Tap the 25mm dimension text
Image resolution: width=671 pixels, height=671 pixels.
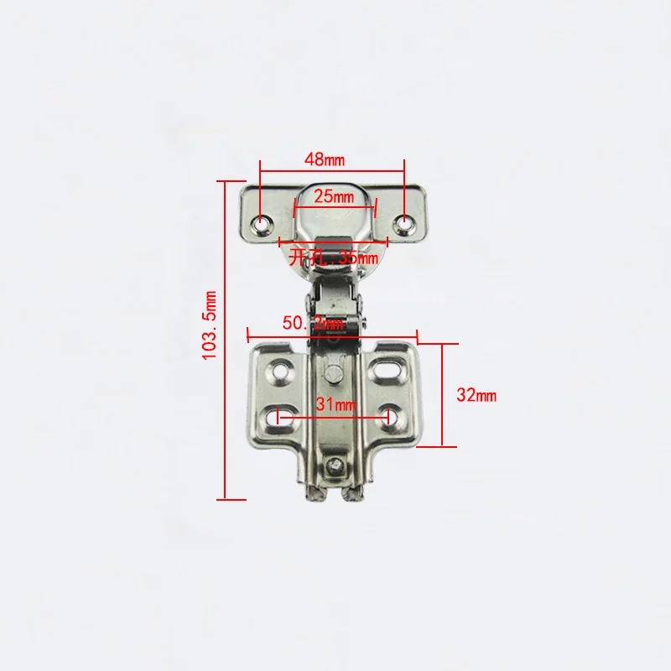[x=333, y=198]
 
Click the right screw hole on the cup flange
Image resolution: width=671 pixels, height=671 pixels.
[x=406, y=222]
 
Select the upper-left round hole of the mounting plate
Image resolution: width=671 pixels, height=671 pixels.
[x=279, y=367]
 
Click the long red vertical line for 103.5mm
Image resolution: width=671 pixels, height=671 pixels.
[x=226, y=335]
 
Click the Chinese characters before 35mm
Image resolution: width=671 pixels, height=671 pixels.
[x=301, y=258]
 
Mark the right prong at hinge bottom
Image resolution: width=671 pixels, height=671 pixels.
[x=352, y=496]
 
